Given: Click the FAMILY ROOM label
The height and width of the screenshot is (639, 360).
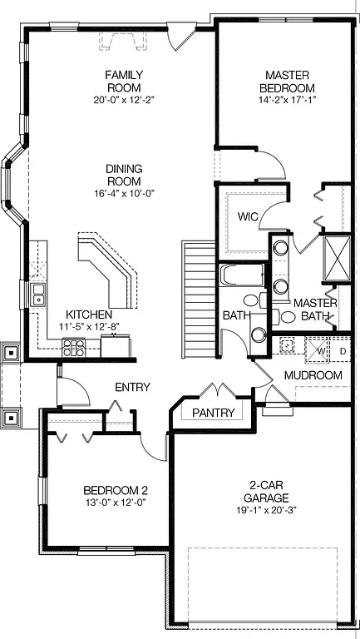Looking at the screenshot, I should click(x=123, y=81).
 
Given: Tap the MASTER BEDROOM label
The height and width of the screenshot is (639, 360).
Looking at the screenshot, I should click(x=288, y=81).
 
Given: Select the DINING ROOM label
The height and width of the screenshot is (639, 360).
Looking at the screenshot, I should click(x=123, y=175).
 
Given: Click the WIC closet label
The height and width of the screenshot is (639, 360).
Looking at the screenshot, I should click(x=247, y=217).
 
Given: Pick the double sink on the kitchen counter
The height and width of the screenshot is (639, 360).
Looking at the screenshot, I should click(x=38, y=292).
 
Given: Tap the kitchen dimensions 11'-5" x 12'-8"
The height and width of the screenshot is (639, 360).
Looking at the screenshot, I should click(x=89, y=326).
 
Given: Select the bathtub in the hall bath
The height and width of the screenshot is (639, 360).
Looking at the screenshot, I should click(x=240, y=275).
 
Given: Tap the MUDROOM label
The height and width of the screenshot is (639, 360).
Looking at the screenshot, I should click(x=313, y=375).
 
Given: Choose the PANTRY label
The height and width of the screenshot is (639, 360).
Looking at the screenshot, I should click(x=214, y=413).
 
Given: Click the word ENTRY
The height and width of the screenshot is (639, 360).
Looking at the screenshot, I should click(x=133, y=387).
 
